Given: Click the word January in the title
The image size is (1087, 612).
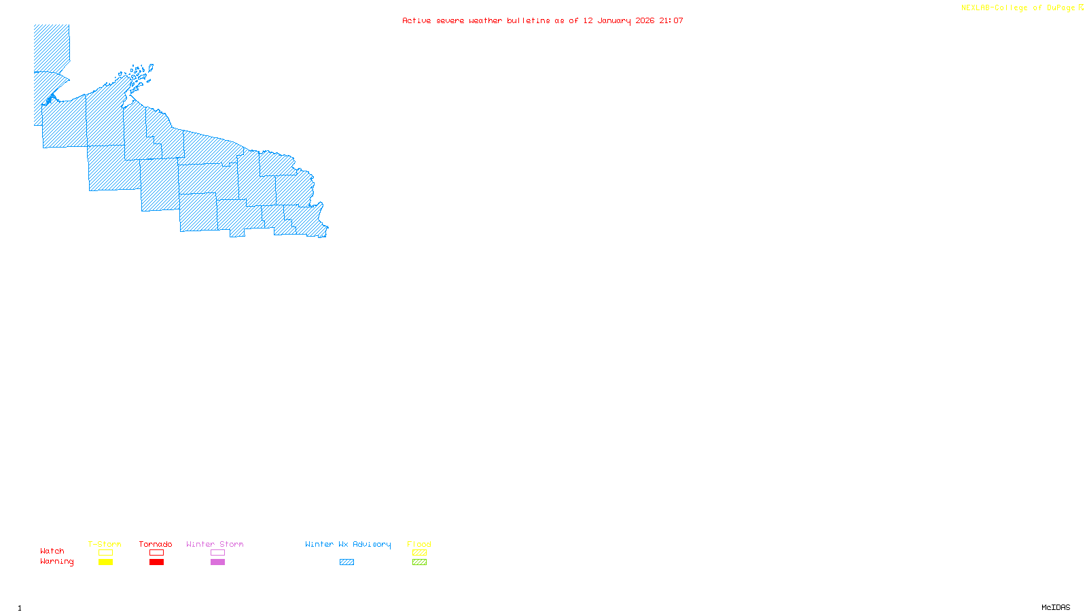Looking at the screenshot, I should pyautogui.click(x=614, y=20).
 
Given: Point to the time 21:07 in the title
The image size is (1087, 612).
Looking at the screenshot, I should pyautogui.click(x=671, y=20).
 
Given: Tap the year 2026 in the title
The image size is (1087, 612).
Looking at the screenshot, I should pyautogui.click(x=645, y=20).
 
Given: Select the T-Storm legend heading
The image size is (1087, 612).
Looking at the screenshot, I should pyautogui.click(x=105, y=544).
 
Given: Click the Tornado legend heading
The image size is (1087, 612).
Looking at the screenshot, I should pyautogui.click(x=156, y=544).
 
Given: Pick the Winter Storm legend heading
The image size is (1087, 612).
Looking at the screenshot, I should pyautogui.click(x=215, y=544).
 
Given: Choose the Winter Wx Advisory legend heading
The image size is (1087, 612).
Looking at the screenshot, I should pyautogui.click(x=348, y=544).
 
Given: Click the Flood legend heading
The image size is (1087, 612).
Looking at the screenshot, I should pyautogui.click(x=419, y=544).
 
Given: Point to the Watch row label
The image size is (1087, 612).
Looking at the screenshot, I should pyautogui.click(x=52, y=551).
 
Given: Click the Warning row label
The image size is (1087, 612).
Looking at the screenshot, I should pyautogui.click(x=57, y=562).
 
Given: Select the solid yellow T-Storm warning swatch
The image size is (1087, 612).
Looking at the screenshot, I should pyautogui.click(x=105, y=562).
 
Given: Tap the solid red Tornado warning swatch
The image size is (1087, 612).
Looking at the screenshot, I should pyautogui.click(x=156, y=562).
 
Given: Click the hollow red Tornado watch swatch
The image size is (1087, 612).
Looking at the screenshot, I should pyautogui.click(x=156, y=553).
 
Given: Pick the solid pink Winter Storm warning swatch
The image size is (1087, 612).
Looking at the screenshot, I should pyautogui.click(x=217, y=562).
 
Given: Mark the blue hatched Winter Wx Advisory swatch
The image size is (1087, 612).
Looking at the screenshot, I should pyautogui.click(x=346, y=562).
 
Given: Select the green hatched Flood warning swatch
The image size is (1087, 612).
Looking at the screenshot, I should pyautogui.click(x=419, y=562).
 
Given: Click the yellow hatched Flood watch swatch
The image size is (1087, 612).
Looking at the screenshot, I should pyautogui.click(x=419, y=553).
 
